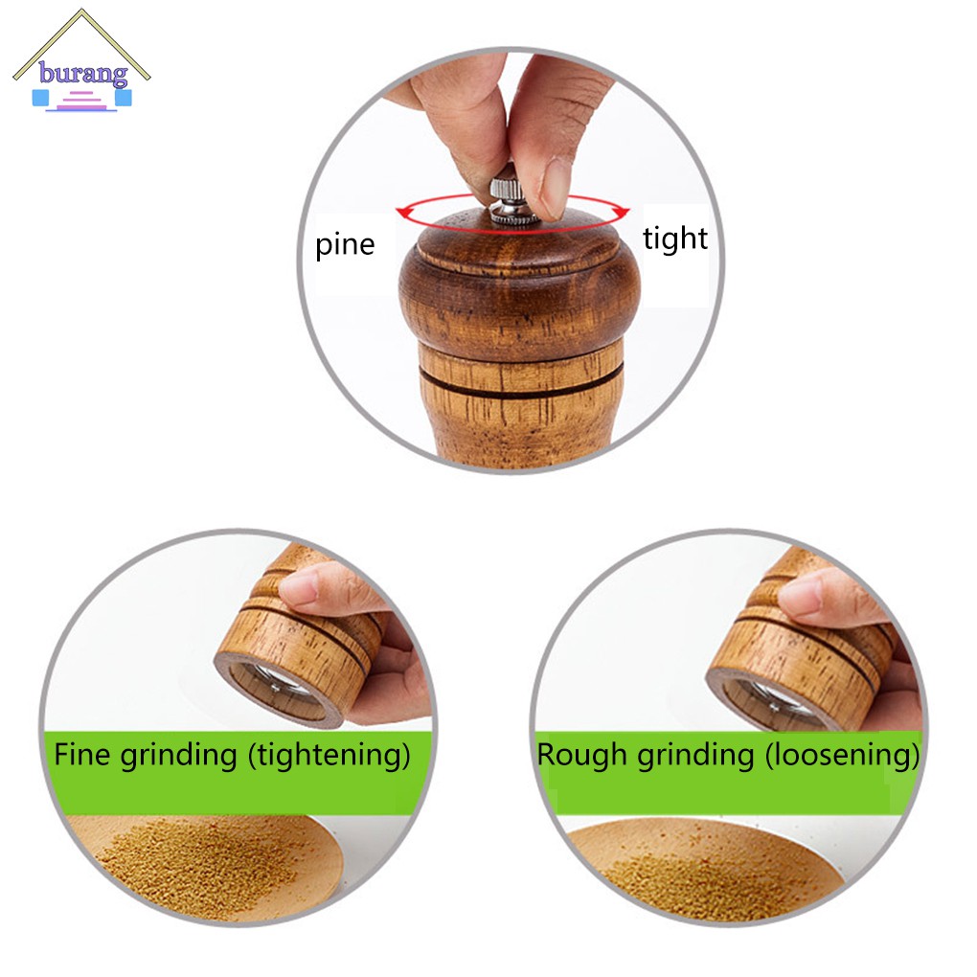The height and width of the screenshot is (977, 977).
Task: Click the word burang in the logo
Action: (x=83, y=74)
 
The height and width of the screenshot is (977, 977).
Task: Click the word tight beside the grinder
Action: (x=675, y=238)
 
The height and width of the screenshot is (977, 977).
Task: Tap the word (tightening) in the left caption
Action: (x=329, y=755)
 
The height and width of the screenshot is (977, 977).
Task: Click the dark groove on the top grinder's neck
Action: (x=522, y=382)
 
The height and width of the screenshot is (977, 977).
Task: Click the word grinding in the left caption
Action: (x=179, y=755)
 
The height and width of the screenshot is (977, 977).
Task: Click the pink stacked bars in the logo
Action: (x=82, y=102)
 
